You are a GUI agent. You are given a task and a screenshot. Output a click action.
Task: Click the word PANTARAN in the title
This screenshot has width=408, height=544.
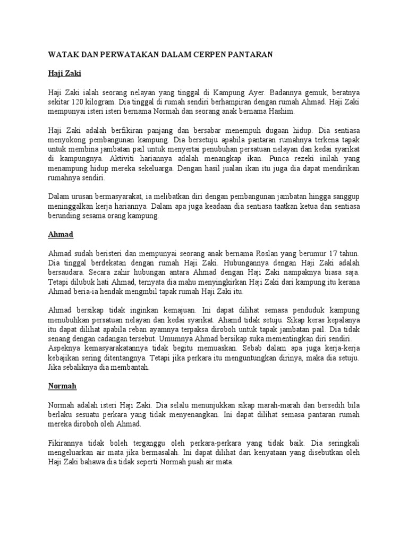click(250, 55)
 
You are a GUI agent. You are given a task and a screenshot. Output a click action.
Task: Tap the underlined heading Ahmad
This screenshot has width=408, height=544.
click(60, 234)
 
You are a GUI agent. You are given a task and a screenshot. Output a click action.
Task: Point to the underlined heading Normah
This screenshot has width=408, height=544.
click(62, 385)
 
